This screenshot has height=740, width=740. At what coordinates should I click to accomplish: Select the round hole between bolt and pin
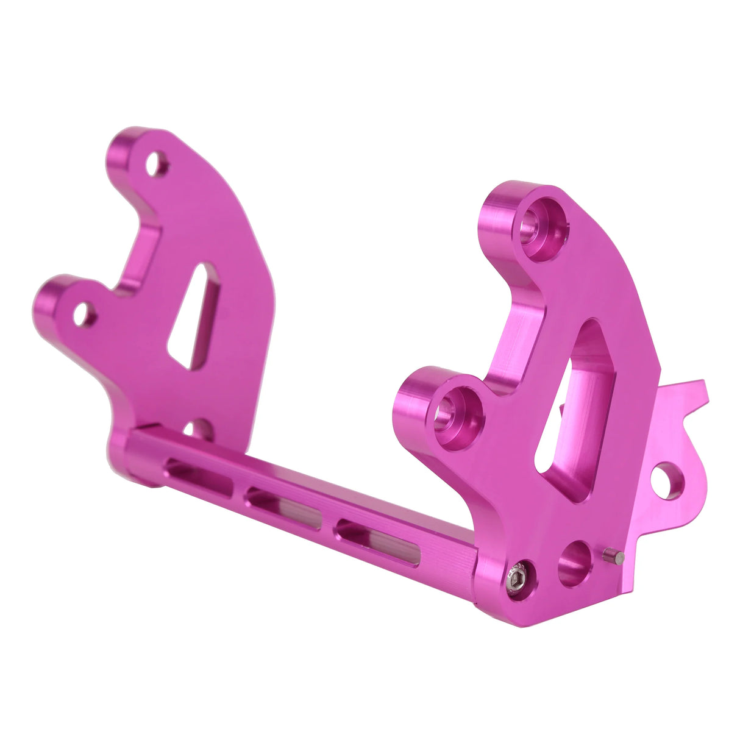pos(575,563)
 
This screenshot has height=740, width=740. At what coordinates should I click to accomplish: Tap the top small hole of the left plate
pos(156,163)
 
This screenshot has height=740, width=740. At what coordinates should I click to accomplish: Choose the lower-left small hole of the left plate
pos(84,315)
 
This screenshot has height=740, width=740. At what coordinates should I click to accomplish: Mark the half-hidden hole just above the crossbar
pos(197,429)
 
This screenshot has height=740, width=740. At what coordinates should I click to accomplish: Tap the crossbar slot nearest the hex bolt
pos(378,542)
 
